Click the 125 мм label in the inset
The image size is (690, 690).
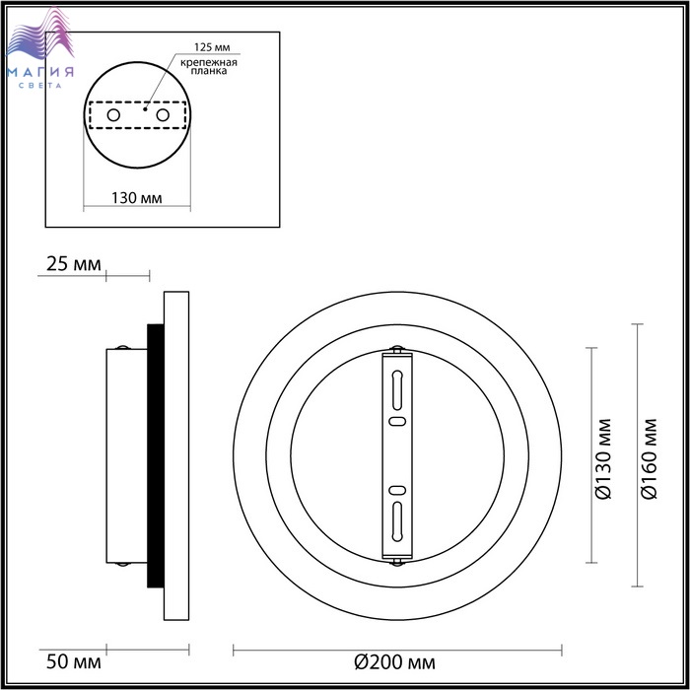click(212, 47)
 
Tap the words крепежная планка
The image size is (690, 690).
click(209, 66)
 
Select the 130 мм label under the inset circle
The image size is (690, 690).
click(136, 198)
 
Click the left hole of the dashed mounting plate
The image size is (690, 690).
click(113, 115)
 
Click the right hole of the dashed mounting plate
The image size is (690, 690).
click(163, 115)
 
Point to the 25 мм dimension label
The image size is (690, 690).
click(74, 264)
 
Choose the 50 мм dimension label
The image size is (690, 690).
click(74, 661)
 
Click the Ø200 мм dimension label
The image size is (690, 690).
click(394, 661)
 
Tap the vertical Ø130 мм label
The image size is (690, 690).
click(603, 459)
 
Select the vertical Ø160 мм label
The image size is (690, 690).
click(649, 459)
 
